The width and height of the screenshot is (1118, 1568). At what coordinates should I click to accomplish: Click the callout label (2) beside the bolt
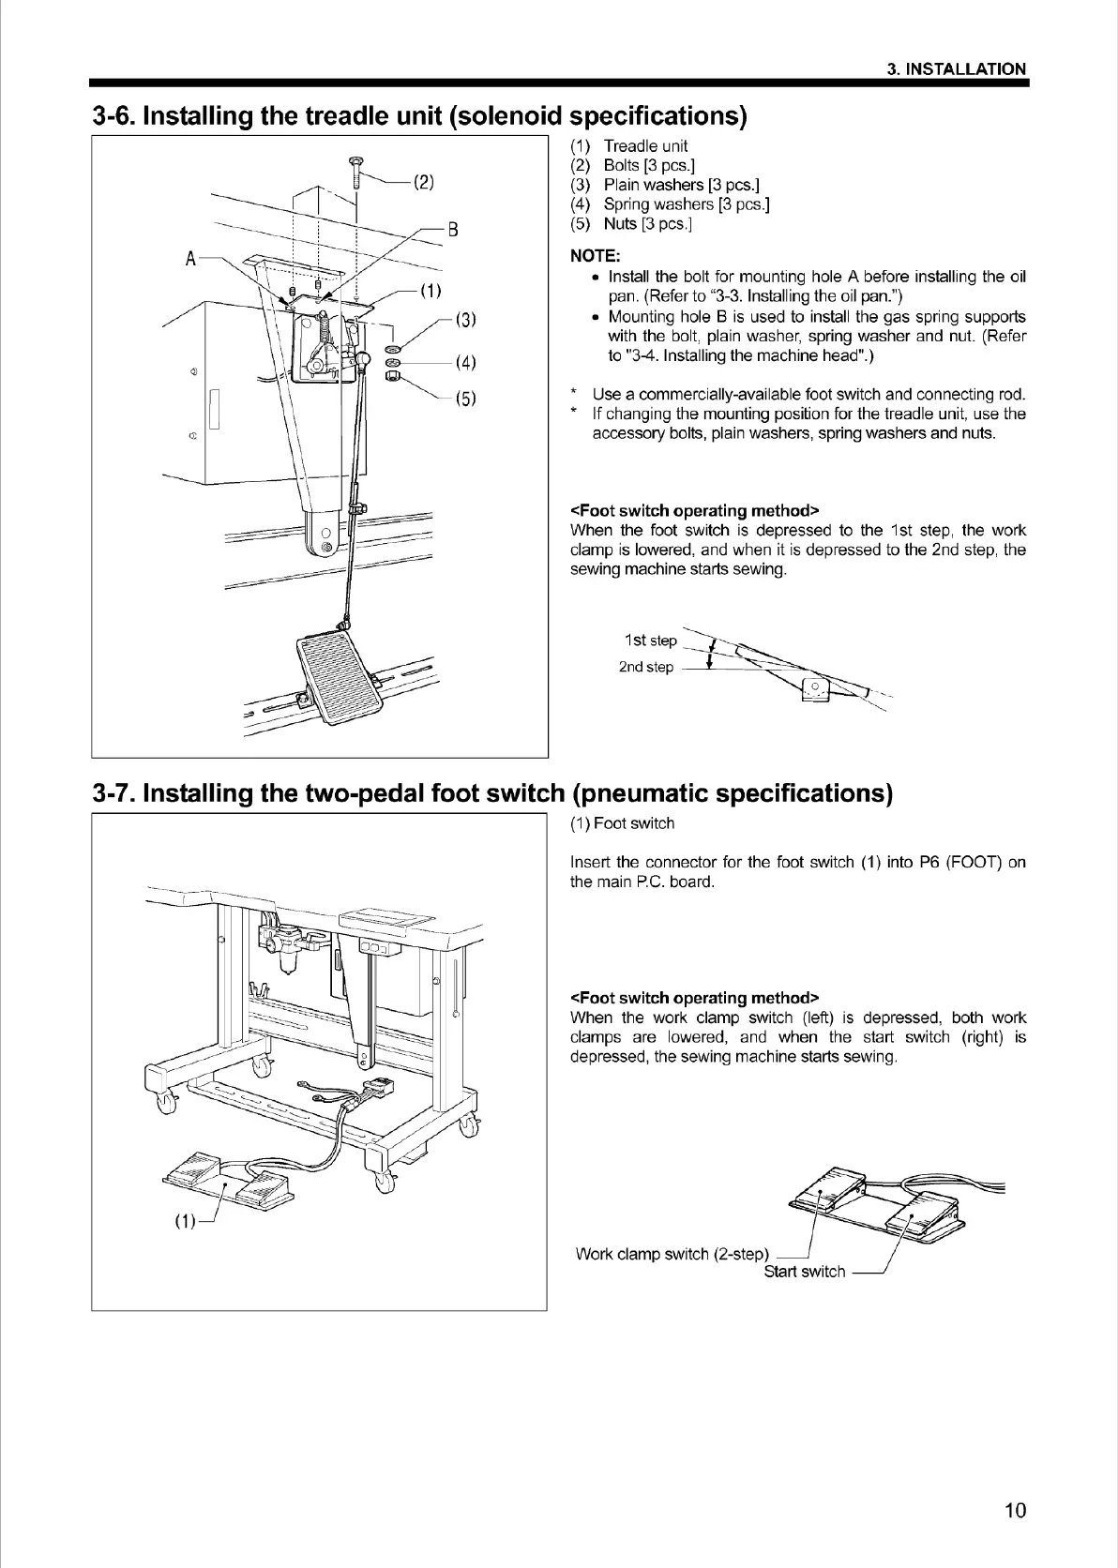423,182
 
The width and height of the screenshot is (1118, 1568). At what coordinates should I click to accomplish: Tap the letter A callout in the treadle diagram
191,259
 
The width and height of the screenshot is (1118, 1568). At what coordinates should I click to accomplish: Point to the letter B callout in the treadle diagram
452,230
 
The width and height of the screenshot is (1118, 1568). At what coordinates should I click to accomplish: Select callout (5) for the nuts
466,400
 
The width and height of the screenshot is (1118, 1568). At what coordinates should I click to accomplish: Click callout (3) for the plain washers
466,320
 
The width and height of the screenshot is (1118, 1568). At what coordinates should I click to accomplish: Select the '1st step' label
650,641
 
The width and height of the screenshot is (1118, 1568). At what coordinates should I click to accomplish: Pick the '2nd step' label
645,667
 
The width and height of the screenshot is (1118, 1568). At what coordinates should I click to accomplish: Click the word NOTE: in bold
595,255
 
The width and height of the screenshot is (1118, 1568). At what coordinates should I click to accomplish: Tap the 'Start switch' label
804,1272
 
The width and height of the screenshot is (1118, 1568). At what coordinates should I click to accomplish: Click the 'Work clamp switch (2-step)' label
672,1254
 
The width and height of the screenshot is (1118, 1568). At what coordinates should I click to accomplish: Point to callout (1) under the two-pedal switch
185,1221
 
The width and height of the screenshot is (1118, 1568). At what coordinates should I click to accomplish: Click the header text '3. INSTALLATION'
957,69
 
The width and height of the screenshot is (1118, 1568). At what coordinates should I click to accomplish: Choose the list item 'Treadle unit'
645,146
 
